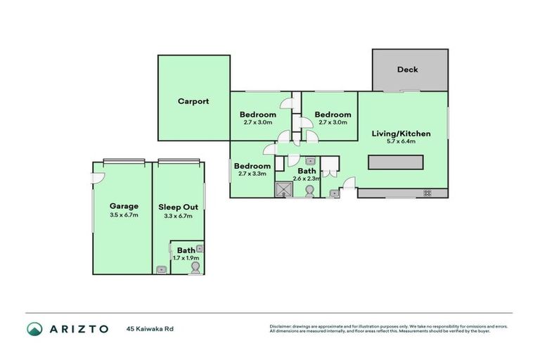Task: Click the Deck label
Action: pyautogui.click(x=407, y=70)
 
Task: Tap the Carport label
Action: pyautogui.click(x=193, y=101)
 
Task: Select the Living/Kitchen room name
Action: pyautogui.click(x=401, y=134)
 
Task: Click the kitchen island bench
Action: pyautogui.click(x=396, y=163)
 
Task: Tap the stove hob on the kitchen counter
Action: pyautogui.click(x=426, y=193)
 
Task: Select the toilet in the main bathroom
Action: pyautogui.click(x=308, y=191)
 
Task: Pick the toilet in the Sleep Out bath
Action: pyautogui.click(x=194, y=268)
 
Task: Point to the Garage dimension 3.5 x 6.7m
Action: pyautogui.click(x=124, y=215)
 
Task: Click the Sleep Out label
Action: pyautogui.click(x=178, y=207)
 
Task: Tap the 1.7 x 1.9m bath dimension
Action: pyautogui.click(x=186, y=258)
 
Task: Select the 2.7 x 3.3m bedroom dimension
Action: pyautogui.click(x=252, y=174)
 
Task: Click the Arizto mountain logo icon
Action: pyautogui.click(x=34, y=328)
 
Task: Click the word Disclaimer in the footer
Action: pyautogui.click(x=281, y=326)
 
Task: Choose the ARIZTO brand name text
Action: pyautogui.click(x=78, y=328)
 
